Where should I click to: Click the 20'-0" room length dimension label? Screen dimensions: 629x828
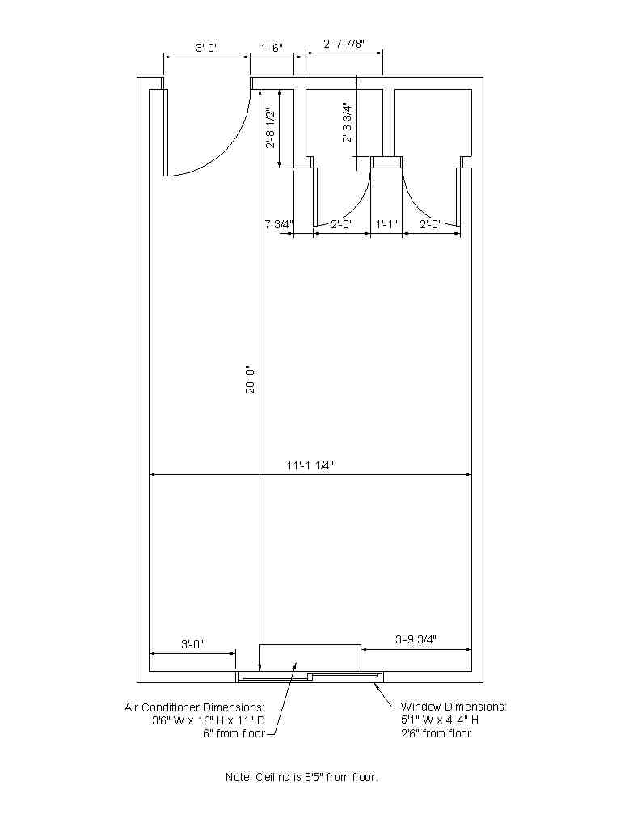click(x=250, y=378)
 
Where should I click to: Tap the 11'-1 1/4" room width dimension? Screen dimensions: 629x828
click(x=310, y=465)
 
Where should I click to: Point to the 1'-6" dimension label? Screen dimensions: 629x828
click(x=272, y=48)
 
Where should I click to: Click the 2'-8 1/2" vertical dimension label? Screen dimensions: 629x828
click(x=271, y=129)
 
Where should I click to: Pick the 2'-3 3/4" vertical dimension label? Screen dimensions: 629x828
click(x=347, y=122)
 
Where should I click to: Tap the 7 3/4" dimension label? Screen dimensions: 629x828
click(x=278, y=224)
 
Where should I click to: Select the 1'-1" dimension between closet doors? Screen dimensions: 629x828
click(x=386, y=224)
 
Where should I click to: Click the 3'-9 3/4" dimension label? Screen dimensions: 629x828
click(x=416, y=639)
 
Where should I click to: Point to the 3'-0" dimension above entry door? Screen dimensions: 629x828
click(x=207, y=48)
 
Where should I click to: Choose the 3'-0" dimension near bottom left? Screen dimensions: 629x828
click(x=192, y=644)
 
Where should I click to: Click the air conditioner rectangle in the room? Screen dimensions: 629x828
click(x=310, y=657)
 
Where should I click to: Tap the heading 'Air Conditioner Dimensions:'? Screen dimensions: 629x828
click(x=194, y=707)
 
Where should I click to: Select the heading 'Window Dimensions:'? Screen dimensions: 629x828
click(x=454, y=706)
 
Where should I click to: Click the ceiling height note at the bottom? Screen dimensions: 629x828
click(x=302, y=777)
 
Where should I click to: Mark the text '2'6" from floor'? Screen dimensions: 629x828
click(x=436, y=733)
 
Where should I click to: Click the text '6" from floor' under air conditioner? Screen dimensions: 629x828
click(x=234, y=733)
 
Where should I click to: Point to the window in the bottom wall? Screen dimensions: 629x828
click(x=309, y=677)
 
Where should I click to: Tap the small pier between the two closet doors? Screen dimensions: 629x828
click(x=386, y=162)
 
